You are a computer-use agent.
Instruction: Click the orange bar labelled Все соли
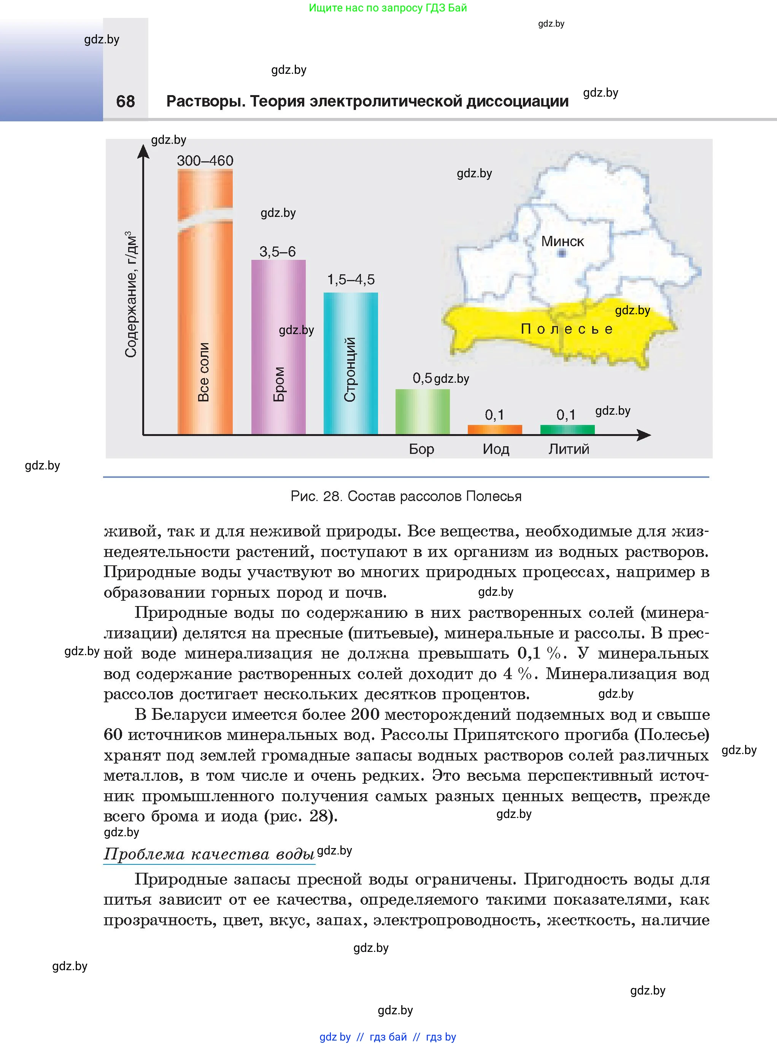(x=205, y=306)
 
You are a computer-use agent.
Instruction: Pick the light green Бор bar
(x=423, y=411)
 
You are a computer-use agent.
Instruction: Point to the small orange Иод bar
(x=495, y=429)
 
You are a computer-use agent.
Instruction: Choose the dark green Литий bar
(x=567, y=429)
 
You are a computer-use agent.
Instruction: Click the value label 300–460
(x=205, y=161)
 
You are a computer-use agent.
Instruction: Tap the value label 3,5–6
(x=278, y=252)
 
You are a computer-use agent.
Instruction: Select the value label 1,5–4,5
(x=351, y=280)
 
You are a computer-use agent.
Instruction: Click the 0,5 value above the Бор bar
(x=422, y=378)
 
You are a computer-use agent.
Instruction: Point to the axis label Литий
(x=569, y=449)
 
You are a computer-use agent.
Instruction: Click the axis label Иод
(x=496, y=449)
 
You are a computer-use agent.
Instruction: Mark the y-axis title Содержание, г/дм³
(x=131, y=294)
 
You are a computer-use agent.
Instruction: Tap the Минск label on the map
(x=562, y=242)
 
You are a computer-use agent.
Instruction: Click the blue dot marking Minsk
(x=562, y=254)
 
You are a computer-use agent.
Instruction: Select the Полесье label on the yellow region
(x=567, y=329)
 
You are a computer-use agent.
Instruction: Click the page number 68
(x=126, y=101)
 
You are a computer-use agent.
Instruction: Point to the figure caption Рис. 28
(x=406, y=496)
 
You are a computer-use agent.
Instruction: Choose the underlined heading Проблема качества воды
(x=209, y=854)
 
